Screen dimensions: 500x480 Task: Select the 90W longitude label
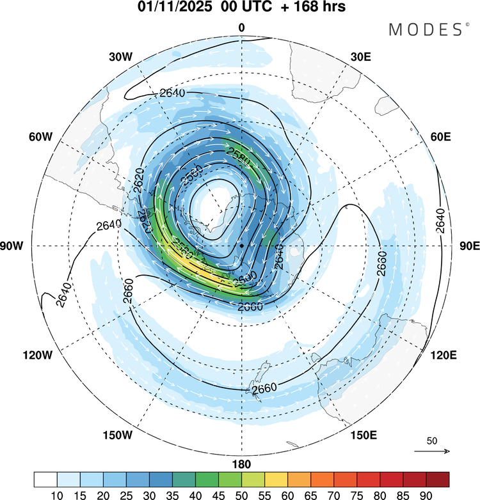pyautogui.click(x=13, y=246)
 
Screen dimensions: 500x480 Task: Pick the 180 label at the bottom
pyautogui.click(x=241, y=464)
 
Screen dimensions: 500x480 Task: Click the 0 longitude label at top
pyautogui.click(x=241, y=27)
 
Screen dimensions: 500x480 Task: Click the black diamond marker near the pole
pyautogui.click(x=241, y=246)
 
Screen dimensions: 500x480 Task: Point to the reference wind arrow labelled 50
pyautogui.click(x=432, y=451)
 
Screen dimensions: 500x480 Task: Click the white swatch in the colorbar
pyautogui.click(x=45, y=479)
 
